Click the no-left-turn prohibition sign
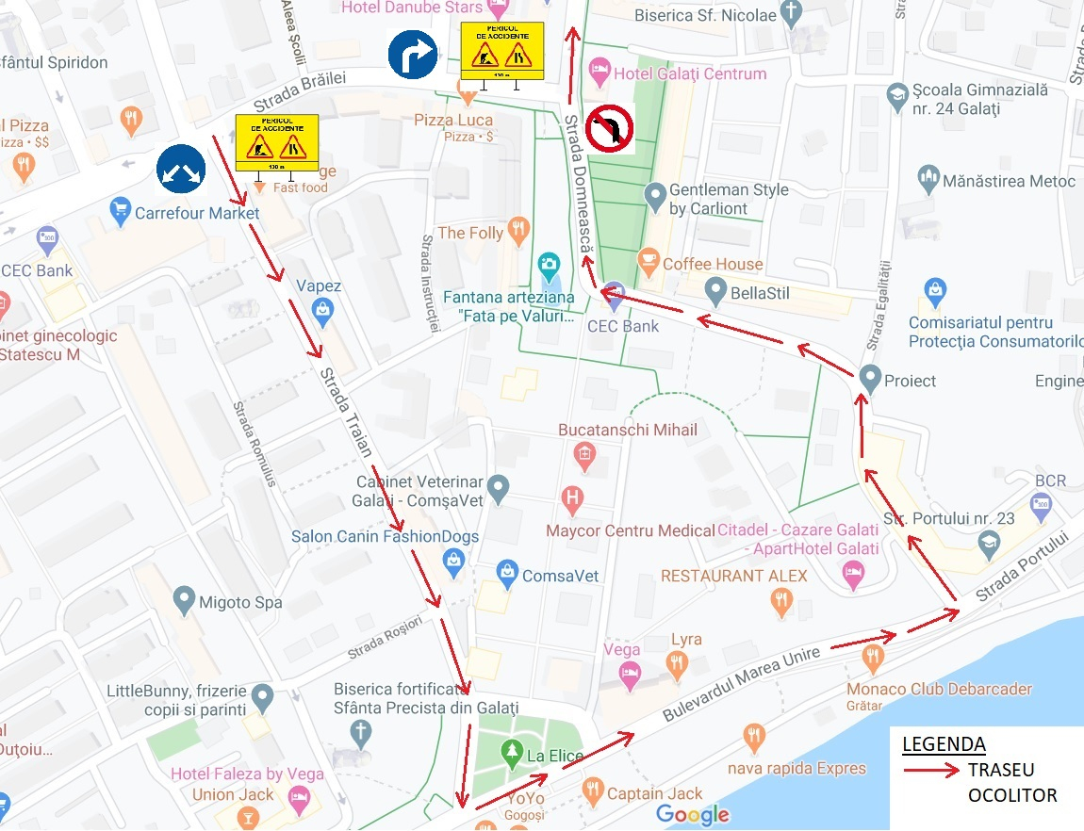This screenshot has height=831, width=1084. pos(610,128)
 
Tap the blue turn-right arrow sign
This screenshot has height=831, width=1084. pos(413,55)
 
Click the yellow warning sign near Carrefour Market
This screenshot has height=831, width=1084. pos(276,143)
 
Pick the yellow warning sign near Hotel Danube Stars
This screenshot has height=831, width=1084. pos(501,51)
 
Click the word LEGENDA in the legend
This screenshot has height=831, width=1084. pos(944,744)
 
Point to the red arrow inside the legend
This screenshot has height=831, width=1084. pos(931,770)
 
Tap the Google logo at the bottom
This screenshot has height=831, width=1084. pos(693,815)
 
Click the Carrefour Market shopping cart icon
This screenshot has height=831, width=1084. pos(120,212)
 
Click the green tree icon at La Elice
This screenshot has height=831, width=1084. pos(512,752)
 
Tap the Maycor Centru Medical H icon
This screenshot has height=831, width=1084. pos(571,496)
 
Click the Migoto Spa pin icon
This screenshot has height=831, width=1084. pos(185,598)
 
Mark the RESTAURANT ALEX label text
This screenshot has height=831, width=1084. pos(734,576)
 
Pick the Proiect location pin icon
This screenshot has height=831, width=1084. pos(870,378)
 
